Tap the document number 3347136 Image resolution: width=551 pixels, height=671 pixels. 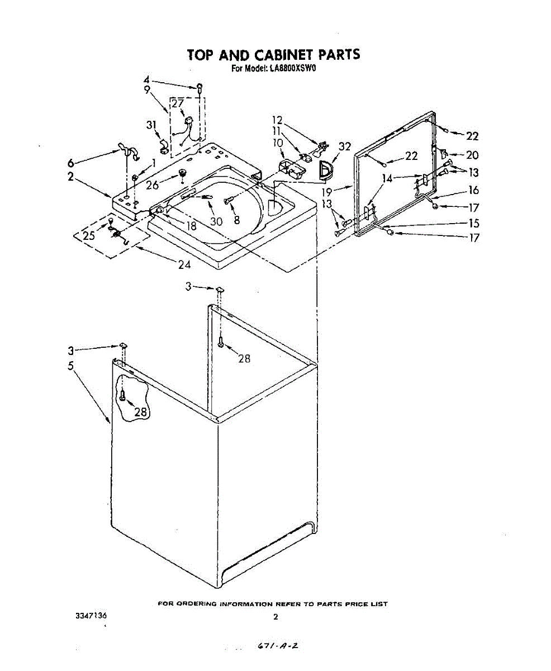tap(91, 616)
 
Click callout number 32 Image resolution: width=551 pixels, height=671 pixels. tap(345, 147)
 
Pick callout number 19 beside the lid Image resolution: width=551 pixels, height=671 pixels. tap(326, 192)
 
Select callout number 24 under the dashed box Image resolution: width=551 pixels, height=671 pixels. tap(184, 264)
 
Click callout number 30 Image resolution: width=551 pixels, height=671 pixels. tap(216, 221)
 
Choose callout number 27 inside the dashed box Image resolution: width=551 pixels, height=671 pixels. tap(178, 103)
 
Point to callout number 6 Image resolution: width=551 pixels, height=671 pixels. tap(71, 163)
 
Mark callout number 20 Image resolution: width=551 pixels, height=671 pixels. tap(472, 155)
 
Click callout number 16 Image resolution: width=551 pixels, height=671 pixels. tap(473, 190)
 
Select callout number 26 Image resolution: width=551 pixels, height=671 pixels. tap(153, 185)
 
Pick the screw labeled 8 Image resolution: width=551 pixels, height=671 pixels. tap(227, 199)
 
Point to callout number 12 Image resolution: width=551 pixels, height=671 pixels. tap(277, 120)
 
